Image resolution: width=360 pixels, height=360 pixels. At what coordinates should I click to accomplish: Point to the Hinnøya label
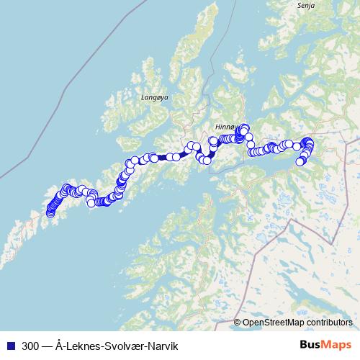pyautogui.click(x=225, y=125)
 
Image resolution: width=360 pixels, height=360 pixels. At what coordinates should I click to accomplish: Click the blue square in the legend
pyautogui.click(x=9, y=346)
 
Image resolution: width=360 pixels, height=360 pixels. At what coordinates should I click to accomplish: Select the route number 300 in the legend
pyautogui.click(x=31, y=346)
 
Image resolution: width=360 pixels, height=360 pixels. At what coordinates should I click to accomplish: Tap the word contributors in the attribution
pyautogui.click(x=332, y=323)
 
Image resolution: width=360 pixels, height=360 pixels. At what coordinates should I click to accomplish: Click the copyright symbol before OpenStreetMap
pyautogui.click(x=238, y=323)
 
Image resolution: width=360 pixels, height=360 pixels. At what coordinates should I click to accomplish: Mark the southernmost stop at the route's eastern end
pyautogui.click(x=300, y=161)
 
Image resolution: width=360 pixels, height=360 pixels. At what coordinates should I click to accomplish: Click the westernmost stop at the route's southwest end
pyautogui.click(x=50, y=212)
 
